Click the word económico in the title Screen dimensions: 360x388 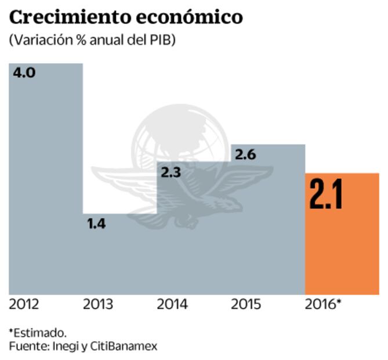coord(192,17)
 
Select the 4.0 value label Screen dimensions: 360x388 coord(24,73)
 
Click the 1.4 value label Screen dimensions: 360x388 coord(96,224)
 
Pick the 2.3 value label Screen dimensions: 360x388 coord(171,172)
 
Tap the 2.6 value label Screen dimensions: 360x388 coord(245,154)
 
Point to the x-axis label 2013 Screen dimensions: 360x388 coord(98,304)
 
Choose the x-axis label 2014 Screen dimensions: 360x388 coord(172,304)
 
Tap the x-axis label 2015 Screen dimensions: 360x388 coord(246,304)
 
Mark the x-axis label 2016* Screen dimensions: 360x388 coord(323,304)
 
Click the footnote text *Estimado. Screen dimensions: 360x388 coord(38,333)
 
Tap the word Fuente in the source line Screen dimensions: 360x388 coord(27,346)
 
